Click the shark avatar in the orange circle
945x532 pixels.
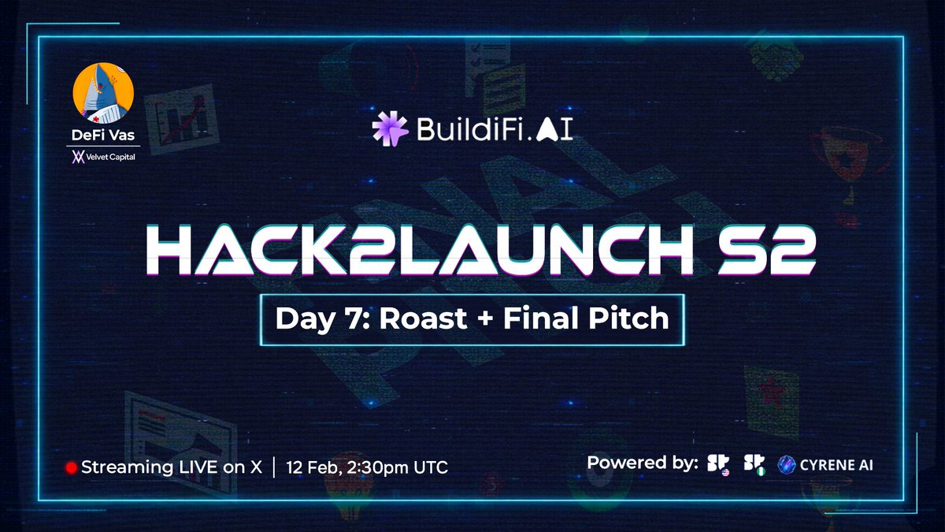(102, 94)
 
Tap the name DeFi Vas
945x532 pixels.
(102, 135)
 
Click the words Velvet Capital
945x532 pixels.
(111, 157)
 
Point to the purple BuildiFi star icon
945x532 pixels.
(390, 128)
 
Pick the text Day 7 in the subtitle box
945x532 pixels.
(307, 318)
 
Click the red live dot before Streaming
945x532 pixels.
(71, 467)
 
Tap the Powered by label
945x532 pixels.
(643, 463)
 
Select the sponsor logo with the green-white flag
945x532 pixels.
(757, 464)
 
